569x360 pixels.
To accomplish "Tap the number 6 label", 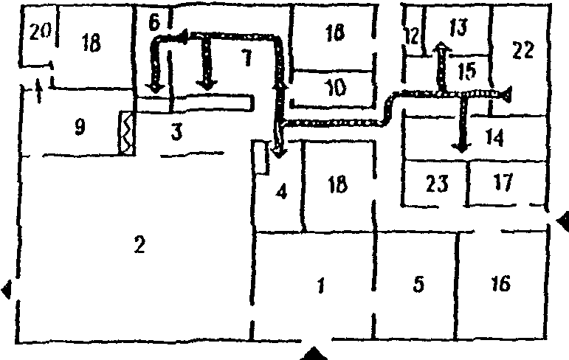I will click(x=154, y=22).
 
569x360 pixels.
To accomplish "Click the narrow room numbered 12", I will click(x=412, y=35).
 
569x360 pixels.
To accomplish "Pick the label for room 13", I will click(x=458, y=28).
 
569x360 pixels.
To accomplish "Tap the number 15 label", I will click(x=467, y=72).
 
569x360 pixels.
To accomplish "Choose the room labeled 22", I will click(x=522, y=50).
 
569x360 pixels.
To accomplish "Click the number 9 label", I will click(x=80, y=127).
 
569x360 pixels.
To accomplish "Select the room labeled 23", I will click(x=438, y=183).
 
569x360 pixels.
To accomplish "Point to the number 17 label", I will click(x=503, y=182).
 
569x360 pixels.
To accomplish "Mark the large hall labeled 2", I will click(x=138, y=244).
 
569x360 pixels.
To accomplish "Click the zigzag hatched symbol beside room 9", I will click(x=125, y=133).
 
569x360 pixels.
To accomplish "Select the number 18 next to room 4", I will click(x=337, y=184).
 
